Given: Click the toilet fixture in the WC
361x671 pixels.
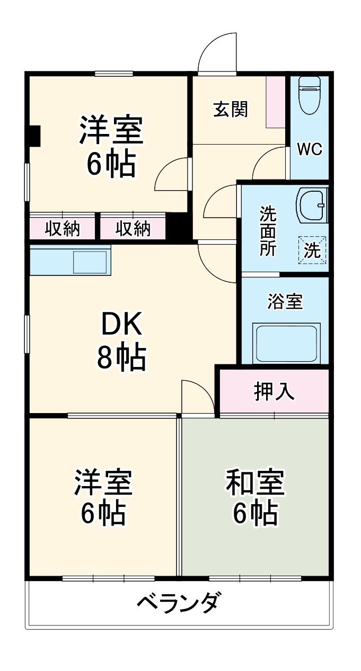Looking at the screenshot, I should pyautogui.click(x=309, y=95).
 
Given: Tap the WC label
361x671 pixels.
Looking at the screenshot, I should pyautogui.click(x=309, y=149).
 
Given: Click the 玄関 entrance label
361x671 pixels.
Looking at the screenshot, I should pyautogui.click(x=231, y=110).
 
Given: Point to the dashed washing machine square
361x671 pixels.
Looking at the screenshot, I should pyautogui.click(x=312, y=249).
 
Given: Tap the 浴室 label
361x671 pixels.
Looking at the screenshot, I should pyautogui.click(x=285, y=302).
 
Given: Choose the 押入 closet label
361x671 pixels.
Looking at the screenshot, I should pyautogui.click(x=274, y=392).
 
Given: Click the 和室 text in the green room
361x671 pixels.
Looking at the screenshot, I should pyautogui.click(x=256, y=482).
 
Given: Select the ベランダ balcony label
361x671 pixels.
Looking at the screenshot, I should pyautogui.click(x=178, y=603).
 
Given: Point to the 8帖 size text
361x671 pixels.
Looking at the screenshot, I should pyautogui.click(x=121, y=359).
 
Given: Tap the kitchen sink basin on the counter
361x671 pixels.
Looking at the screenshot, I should pyautogui.click(x=90, y=262).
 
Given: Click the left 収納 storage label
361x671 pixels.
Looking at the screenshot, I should pyautogui.click(x=62, y=229).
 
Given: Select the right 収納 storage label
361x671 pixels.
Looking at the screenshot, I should pyautogui.click(x=133, y=229).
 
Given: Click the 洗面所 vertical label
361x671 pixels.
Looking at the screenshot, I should pyautogui.click(x=268, y=231).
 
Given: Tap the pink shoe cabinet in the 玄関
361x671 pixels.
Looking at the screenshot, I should pyautogui.click(x=276, y=102).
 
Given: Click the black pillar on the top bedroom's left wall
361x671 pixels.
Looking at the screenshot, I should pyautogui.click(x=33, y=136).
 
